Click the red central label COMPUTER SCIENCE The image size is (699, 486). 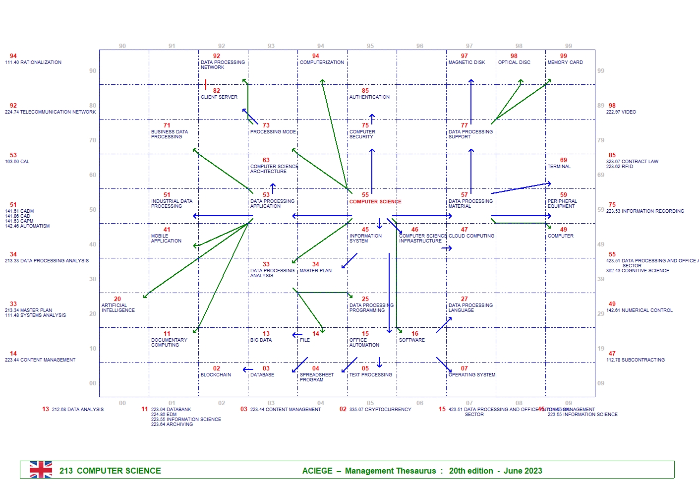(x=375, y=202)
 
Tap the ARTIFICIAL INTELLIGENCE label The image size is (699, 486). (x=118, y=308)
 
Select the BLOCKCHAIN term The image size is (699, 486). (x=216, y=375)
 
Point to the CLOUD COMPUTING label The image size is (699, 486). (x=471, y=236)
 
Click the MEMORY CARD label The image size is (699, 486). (x=565, y=62)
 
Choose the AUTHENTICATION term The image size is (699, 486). (x=369, y=97)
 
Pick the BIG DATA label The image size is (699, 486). (x=261, y=340)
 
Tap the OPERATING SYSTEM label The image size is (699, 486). (x=472, y=375)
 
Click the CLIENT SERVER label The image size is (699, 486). (x=219, y=97)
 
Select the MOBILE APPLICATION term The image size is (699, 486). (x=166, y=239)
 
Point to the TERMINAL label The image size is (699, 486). (x=559, y=167)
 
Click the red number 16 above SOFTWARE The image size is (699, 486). (x=415, y=334)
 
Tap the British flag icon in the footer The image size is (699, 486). (x=41, y=470)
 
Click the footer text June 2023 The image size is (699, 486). (x=523, y=471)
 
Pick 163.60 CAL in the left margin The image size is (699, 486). (x=17, y=162)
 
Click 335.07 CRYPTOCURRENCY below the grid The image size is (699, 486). (x=380, y=410)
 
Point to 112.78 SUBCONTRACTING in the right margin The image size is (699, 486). (x=636, y=360)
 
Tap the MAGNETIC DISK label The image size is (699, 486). (x=466, y=62)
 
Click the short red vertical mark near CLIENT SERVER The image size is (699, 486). (x=206, y=84)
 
